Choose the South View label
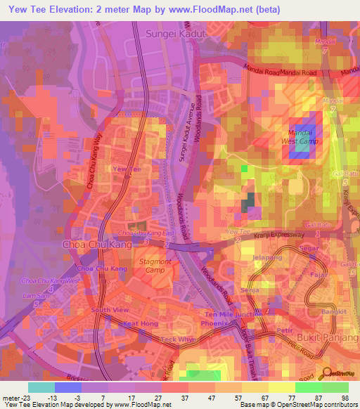110,310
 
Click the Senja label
250,290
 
